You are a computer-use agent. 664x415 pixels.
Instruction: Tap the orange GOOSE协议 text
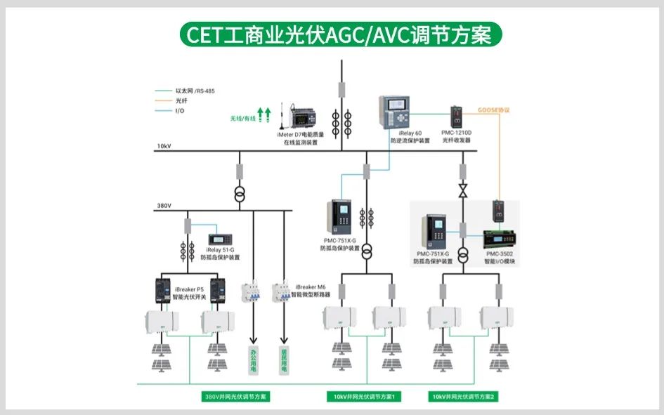[493, 110]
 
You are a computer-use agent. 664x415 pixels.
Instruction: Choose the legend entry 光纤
[182, 101]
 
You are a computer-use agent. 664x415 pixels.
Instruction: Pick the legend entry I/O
[180, 111]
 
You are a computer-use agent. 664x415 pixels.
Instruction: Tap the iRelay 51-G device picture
[218, 239]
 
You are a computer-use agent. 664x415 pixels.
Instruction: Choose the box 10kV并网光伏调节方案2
[464, 397]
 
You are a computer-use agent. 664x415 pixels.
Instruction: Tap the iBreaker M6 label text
[311, 287]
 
